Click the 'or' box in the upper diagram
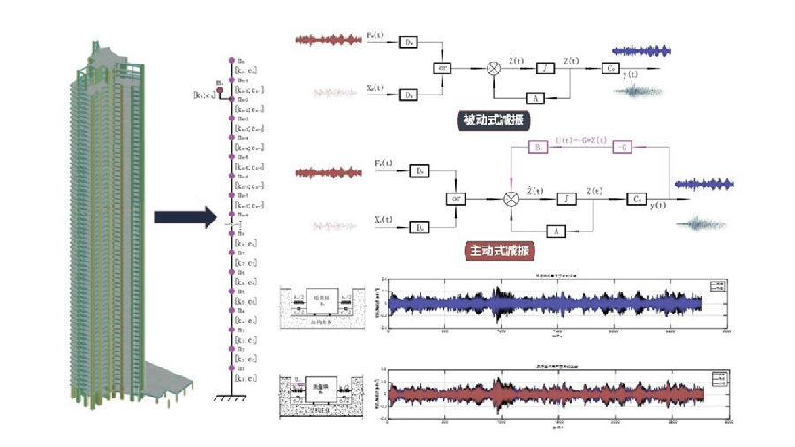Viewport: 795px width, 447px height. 443,67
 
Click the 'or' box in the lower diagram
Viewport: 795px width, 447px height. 457,200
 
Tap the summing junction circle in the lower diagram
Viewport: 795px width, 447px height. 511,200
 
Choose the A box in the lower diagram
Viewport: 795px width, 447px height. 556,230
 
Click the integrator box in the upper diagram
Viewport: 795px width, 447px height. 547,67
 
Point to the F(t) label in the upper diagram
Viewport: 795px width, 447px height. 375,34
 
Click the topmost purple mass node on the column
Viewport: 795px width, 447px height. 231,60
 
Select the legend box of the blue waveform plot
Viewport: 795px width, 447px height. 715,288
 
